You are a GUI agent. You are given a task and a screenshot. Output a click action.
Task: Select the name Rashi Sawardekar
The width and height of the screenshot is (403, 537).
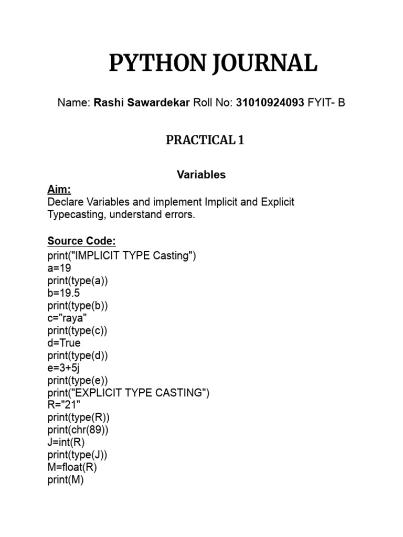pos(142,103)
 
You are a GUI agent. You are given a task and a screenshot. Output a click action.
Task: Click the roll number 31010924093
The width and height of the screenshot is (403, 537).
pos(270,103)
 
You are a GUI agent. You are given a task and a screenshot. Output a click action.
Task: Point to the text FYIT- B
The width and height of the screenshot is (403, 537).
pos(326,103)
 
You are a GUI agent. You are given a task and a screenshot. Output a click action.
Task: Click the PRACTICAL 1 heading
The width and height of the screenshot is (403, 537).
pos(205,140)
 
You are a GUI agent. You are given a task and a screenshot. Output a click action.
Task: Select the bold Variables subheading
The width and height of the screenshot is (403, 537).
pos(201,175)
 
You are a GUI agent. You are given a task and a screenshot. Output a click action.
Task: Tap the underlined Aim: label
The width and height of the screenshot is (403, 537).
pos(59,189)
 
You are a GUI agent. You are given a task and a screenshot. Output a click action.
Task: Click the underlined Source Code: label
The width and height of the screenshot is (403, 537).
pos(81,241)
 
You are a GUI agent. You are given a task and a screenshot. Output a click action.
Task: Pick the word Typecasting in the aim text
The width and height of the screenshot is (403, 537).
pos(73,215)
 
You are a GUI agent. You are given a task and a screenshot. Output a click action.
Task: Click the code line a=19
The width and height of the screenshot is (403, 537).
pos(59,268)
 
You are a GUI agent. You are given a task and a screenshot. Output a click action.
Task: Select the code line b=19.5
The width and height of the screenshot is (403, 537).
pos(63,293)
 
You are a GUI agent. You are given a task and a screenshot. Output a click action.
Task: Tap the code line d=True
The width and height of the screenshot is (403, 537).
pos(64,343)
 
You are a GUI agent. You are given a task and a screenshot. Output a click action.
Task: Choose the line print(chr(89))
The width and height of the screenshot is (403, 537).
pos(78,430)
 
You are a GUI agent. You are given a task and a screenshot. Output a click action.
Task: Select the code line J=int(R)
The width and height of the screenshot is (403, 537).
pos(66,442)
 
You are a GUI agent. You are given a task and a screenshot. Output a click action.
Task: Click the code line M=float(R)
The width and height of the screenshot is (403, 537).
pos(72,467)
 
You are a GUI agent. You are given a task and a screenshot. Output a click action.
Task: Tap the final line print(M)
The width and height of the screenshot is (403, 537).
pos(65,480)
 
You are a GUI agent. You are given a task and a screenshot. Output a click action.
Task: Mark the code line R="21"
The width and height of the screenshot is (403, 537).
pos(61,405)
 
